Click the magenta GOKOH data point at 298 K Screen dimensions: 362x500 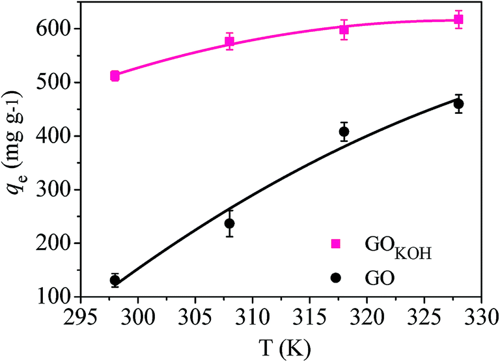tap(115, 76)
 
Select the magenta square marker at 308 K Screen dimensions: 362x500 tap(229, 42)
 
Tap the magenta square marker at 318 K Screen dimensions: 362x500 tap(344, 29)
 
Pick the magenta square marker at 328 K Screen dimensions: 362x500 tap(458, 20)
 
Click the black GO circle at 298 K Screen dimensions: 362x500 tap(115, 281)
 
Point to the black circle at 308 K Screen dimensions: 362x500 tap(229, 223)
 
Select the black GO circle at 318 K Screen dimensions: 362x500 tap(344, 132)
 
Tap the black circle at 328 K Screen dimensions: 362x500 tap(458, 104)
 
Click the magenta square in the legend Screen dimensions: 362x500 tap(336, 244)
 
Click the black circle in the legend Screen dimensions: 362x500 tap(336, 277)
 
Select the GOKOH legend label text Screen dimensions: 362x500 tap(393, 246)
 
